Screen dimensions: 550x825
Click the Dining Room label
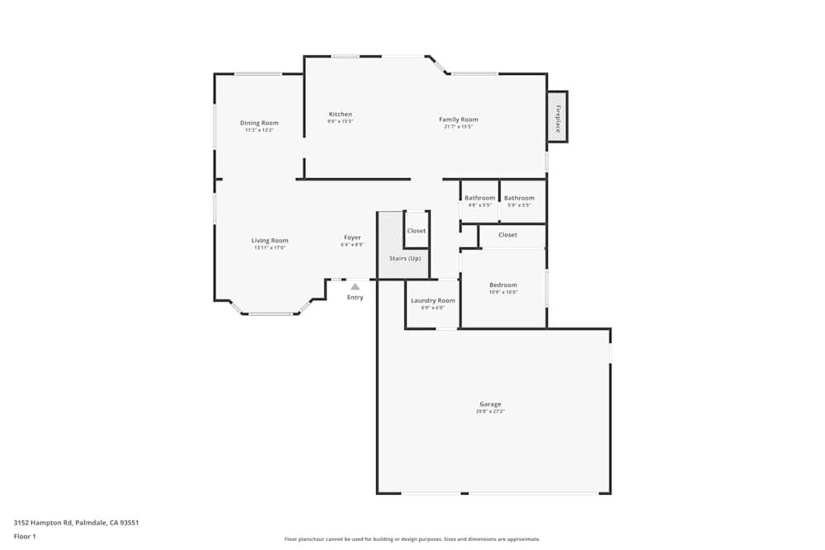click(x=259, y=123)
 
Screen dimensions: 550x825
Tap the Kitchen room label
click(x=340, y=115)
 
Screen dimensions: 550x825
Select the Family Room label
click(x=458, y=120)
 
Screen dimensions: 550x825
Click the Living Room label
click(x=270, y=241)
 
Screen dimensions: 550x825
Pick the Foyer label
click(x=352, y=237)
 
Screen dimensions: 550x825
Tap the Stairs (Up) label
click(x=405, y=259)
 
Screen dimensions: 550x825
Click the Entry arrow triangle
click(x=355, y=287)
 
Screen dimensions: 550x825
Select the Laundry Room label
click(x=433, y=301)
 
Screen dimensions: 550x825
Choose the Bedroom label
click(x=503, y=285)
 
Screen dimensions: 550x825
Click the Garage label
click(x=490, y=404)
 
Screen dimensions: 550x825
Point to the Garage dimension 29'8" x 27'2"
click(x=490, y=411)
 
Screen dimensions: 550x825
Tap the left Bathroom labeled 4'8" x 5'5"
click(x=479, y=198)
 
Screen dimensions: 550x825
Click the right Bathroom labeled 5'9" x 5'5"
click(x=519, y=198)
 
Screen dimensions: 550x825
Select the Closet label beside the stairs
click(x=416, y=231)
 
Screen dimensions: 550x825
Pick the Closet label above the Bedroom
click(x=507, y=235)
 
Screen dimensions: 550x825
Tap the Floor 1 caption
click(x=25, y=536)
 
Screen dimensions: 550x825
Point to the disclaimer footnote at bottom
click(x=412, y=539)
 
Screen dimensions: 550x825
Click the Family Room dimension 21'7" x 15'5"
click(x=458, y=127)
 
